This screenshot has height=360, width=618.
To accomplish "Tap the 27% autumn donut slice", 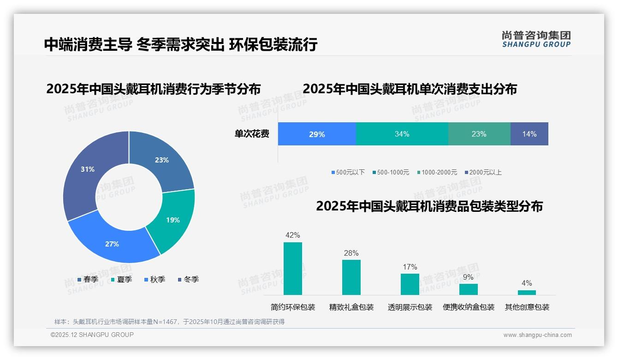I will point(113,242).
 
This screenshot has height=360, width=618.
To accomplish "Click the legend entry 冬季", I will point(189,280).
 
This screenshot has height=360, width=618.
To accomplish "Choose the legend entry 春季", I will point(88,280).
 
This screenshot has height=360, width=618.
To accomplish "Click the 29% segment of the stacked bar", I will point(317,134).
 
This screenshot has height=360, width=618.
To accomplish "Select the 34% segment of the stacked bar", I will point(402,134).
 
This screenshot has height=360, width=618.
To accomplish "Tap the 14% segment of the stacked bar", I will point(529,134).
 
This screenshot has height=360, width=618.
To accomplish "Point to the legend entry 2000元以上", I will point(483,173).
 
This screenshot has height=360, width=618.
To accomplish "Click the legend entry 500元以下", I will point(348,173).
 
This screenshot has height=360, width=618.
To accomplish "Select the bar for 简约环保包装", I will point(293,269).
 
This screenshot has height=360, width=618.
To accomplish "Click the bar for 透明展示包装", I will point(410,284).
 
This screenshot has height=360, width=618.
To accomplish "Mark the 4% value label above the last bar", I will point(527,283).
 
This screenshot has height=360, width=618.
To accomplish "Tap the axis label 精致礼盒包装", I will point(351,307).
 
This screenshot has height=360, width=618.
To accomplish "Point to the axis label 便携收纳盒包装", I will point(468,307).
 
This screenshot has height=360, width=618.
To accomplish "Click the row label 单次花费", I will point(252,134).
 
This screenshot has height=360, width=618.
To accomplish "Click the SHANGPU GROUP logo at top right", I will point(536,39).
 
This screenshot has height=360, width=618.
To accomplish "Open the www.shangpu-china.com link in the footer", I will point(537,335).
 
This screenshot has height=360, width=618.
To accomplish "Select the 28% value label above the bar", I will point(351,253).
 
